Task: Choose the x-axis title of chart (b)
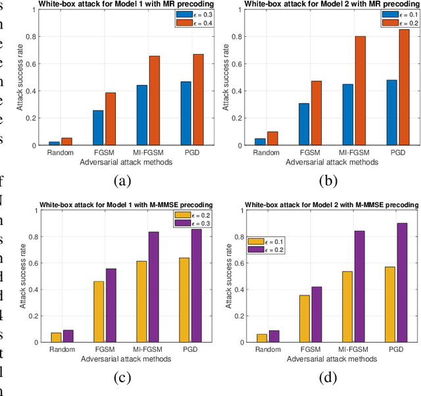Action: point(320,162)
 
